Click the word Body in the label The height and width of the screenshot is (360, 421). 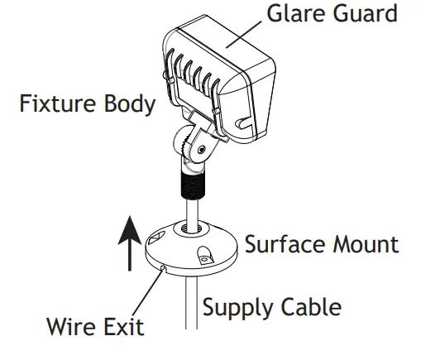point(132,107)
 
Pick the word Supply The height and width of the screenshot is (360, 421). point(240,309)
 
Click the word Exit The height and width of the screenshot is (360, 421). point(123,326)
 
